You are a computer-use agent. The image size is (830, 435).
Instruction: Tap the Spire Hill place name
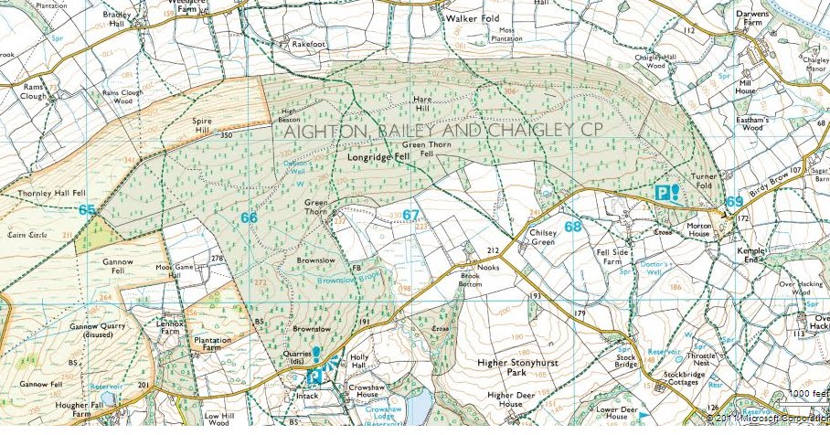click(x=202, y=125)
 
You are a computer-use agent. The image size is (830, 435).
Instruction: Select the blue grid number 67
click(x=410, y=215)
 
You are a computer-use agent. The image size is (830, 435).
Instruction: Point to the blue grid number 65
click(x=87, y=210)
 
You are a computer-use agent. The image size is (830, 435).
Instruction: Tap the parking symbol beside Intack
click(x=314, y=376)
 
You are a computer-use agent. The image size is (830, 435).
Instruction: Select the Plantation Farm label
click(x=212, y=343)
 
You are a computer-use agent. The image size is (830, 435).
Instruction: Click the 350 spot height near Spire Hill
click(x=226, y=135)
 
